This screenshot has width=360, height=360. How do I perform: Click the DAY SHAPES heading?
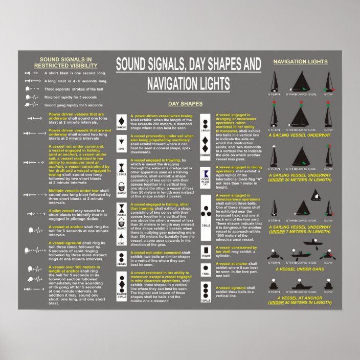click(x=185, y=104)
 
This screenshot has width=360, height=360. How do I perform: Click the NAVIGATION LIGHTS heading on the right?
click(x=300, y=62)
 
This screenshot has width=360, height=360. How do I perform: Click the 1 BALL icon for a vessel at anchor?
click(x=205, y=268)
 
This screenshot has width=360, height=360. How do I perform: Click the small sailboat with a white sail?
click(x=315, y=195)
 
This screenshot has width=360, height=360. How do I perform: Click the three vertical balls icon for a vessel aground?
click(x=205, y=291)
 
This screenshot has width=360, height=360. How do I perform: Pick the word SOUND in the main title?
click(x=133, y=64)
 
